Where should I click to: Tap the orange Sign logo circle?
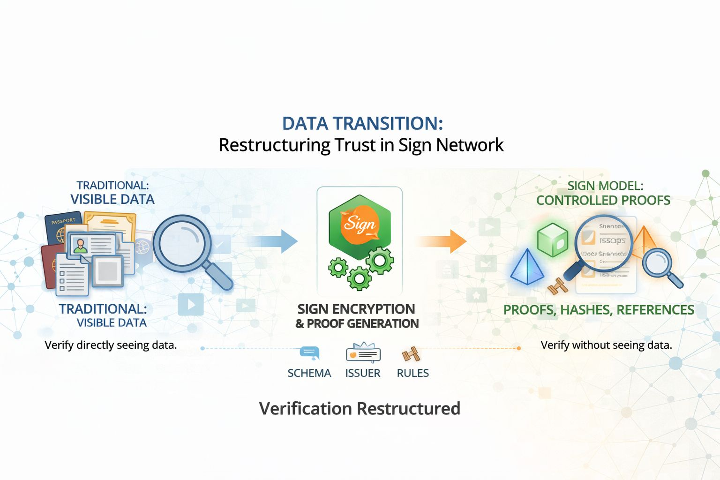tap(360, 225)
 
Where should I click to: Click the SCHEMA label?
tap(309, 373)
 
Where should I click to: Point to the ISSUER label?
tap(363, 373)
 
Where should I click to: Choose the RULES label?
tap(412, 373)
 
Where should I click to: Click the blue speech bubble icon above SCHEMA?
tap(309, 352)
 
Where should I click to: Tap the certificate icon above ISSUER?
tap(363, 353)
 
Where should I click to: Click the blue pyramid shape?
tap(527, 267)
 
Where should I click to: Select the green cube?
tap(553, 239)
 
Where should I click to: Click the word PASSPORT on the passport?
tap(63, 221)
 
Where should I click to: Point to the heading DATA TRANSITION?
tap(362, 124)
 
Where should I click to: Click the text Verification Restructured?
tap(360, 408)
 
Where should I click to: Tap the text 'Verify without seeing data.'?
tap(606, 345)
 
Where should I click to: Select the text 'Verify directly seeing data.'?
tap(111, 345)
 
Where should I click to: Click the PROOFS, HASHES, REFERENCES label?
tap(599, 310)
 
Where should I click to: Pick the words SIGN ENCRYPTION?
tap(356, 309)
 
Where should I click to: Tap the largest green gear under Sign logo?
tap(379, 260)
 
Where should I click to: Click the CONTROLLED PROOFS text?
tap(603, 201)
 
